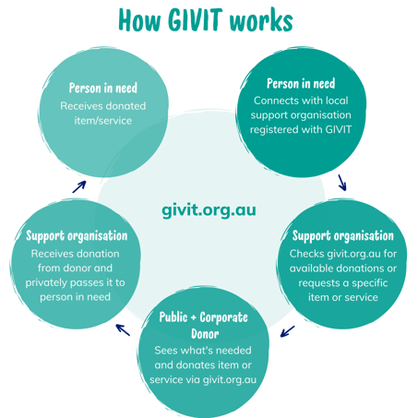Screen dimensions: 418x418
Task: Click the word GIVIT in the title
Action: pyautogui.click(x=195, y=19)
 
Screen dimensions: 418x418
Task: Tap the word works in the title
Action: pyautogui.click(x=261, y=20)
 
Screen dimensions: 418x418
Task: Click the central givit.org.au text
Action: pyautogui.click(x=209, y=210)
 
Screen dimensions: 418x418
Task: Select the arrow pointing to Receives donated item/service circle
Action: pyautogui.click(x=79, y=186)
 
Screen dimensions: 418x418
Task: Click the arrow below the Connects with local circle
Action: pyautogui.click(x=342, y=183)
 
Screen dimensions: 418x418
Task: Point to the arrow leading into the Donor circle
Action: pyautogui.click(x=287, y=331)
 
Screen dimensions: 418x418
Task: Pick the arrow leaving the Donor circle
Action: pyautogui.click(x=123, y=329)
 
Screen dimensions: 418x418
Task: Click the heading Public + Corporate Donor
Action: pyautogui.click(x=204, y=326)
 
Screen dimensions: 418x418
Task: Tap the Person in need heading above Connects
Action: pyautogui.click(x=301, y=83)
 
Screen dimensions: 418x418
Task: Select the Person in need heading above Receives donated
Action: pyautogui.click(x=103, y=88)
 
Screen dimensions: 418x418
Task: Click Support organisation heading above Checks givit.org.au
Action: pyautogui.click(x=343, y=236)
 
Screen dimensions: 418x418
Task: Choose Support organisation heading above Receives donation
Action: pyautogui.click(x=77, y=236)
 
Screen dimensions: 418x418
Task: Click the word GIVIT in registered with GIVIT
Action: pyautogui.click(x=338, y=129)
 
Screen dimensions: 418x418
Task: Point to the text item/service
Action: pyautogui.click(x=103, y=121)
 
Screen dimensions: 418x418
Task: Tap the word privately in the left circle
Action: pyautogui.click(x=44, y=283)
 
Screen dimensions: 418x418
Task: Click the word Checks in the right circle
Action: pyautogui.click(x=306, y=254)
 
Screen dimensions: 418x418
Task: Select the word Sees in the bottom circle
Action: pyautogui.click(x=165, y=351)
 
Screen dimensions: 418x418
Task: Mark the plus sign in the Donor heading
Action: pyautogui.click(x=194, y=317)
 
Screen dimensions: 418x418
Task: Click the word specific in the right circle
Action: pyautogui.click(x=370, y=283)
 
